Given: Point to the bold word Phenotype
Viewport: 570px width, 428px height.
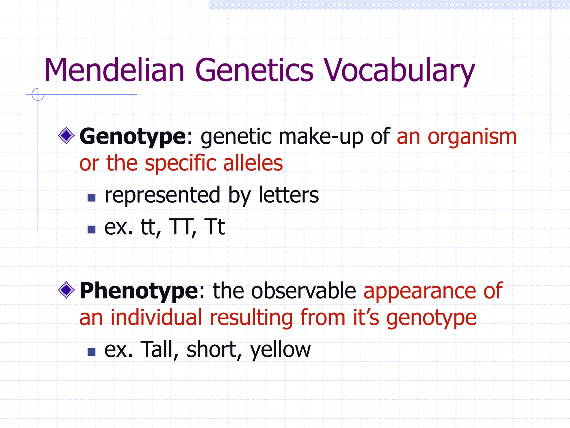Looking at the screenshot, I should [x=139, y=291].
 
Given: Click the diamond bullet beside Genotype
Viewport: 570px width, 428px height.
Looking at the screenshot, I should [x=66, y=136].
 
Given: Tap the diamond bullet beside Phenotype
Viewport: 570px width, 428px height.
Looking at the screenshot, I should [x=66, y=290].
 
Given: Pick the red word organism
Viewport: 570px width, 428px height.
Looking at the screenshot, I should [x=472, y=137].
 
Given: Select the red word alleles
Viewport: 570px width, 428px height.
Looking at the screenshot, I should [x=253, y=163].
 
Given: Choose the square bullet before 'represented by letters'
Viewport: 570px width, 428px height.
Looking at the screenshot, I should [x=91, y=198].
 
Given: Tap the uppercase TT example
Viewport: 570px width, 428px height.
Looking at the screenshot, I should [x=181, y=227].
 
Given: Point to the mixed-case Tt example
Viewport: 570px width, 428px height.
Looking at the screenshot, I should [x=214, y=227].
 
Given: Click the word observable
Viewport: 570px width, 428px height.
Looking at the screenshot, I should [x=303, y=291].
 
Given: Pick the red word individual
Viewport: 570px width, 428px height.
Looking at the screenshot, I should [x=156, y=317].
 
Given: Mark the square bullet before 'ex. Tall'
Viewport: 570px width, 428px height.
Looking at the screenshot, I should [x=91, y=352].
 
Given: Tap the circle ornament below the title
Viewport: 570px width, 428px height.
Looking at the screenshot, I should [x=38, y=94].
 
